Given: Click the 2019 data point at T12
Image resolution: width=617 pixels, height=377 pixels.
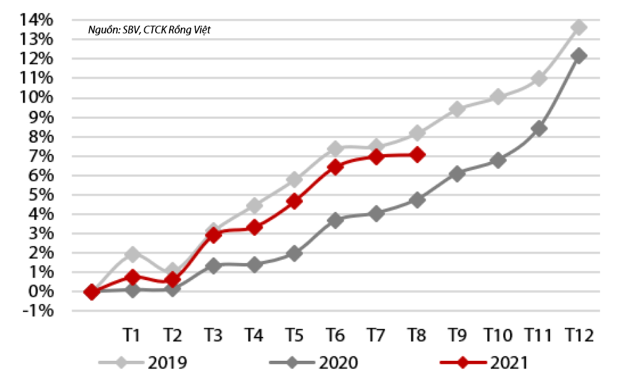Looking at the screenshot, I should [579, 27].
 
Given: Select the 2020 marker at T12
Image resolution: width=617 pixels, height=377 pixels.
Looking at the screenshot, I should [579, 56].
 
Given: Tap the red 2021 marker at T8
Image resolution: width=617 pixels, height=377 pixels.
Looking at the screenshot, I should [417, 155].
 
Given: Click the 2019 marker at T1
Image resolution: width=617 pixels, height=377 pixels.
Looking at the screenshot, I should [132, 254].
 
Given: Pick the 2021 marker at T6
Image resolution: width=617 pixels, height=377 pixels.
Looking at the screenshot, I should [335, 167].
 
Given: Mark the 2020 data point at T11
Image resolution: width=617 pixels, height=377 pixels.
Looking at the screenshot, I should [538, 129].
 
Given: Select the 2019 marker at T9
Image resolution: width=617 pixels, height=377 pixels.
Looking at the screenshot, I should [457, 109].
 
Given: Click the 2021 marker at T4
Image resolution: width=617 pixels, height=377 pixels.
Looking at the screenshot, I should [254, 228].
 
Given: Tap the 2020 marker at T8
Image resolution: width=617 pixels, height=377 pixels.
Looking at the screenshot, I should [417, 200].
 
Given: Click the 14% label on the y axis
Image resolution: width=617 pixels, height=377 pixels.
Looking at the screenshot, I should [36, 20].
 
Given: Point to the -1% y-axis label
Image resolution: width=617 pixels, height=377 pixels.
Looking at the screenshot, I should [36, 311].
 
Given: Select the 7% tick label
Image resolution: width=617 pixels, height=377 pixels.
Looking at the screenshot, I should [39, 156].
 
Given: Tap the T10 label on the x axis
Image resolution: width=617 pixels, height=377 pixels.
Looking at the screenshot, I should [498, 335].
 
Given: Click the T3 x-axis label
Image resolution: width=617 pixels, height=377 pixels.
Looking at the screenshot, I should [214, 335].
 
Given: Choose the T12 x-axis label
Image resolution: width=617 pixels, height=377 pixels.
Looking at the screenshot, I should [579, 335].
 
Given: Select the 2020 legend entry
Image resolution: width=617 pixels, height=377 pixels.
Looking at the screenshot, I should [314, 363].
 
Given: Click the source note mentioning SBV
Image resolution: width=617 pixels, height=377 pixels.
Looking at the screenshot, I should [149, 30].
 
